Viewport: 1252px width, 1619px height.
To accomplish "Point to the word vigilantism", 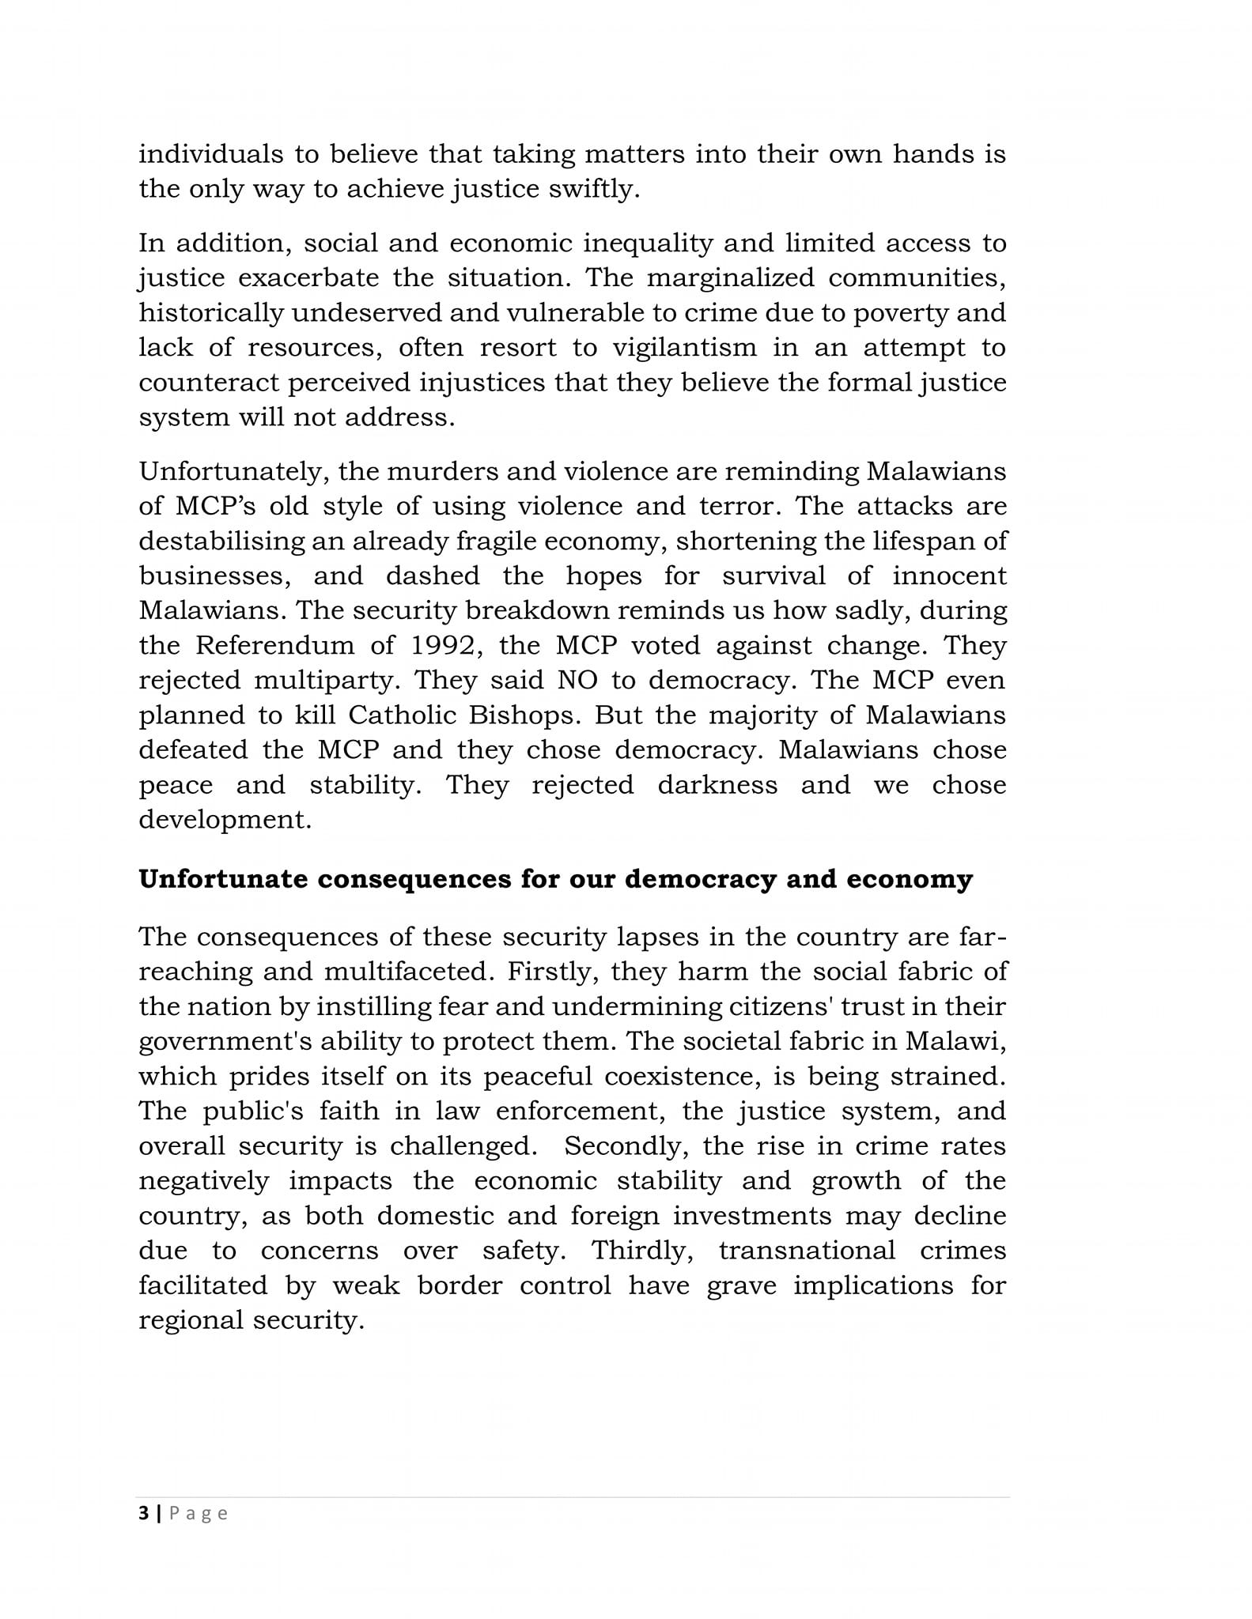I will (x=674, y=347).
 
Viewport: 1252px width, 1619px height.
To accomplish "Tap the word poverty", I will (x=900, y=313).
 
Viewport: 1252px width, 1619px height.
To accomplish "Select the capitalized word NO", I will (x=578, y=680).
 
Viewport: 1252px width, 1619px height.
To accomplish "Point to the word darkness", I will (x=717, y=784).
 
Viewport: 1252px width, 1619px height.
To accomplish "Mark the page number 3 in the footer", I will (x=143, y=1513).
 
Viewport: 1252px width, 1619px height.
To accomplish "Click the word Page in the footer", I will (x=199, y=1513).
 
